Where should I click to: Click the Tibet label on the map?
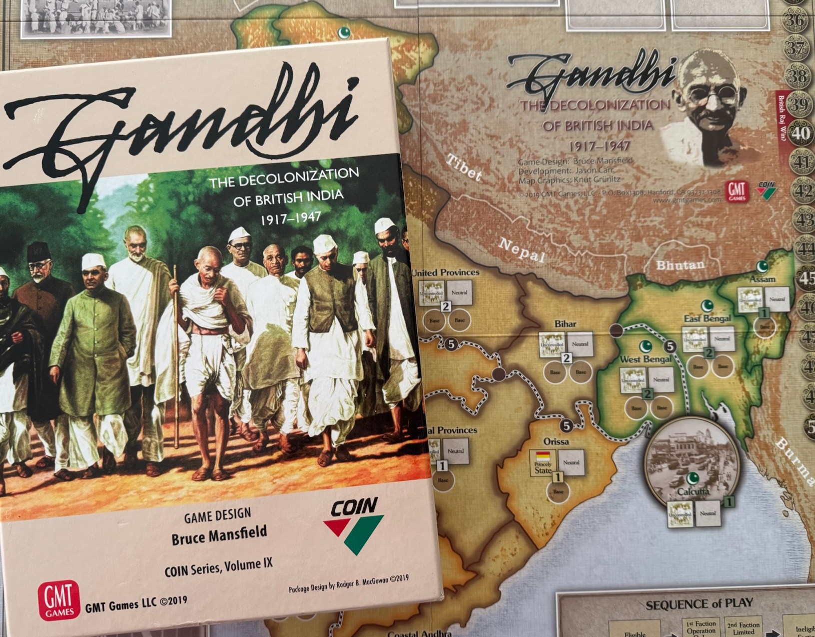tap(464, 167)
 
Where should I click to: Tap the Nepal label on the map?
tap(521, 249)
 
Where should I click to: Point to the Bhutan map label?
tap(680, 264)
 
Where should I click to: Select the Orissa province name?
tap(556, 441)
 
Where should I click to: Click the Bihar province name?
tap(565, 324)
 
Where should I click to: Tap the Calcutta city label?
tap(693, 491)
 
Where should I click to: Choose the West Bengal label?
tap(646, 359)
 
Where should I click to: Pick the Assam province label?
tap(762, 279)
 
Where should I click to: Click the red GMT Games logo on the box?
tap(58, 600)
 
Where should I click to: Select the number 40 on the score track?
tap(801, 133)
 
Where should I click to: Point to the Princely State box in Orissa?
tap(543, 463)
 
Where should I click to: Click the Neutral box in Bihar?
tap(580, 344)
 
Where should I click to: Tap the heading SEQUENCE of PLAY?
tap(699, 604)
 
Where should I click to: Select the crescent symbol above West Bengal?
tap(646, 345)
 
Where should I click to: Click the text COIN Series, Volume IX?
tap(218, 567)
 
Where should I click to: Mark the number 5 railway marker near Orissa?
tap(566, 426)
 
